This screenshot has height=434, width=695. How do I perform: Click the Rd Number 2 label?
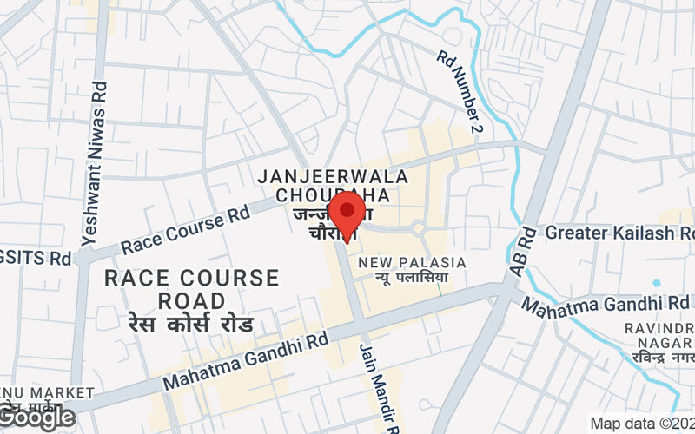click(460, 92)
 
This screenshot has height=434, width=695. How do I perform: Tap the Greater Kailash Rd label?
click(622, 233)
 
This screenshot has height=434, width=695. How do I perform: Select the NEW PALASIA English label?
click(413, 262)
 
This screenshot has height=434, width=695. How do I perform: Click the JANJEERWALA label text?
click(321, 176)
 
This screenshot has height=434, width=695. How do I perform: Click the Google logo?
click(38, 418)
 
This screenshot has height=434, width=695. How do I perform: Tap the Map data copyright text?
click(641, 424)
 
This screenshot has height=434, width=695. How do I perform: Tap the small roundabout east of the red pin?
click(418, 229)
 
